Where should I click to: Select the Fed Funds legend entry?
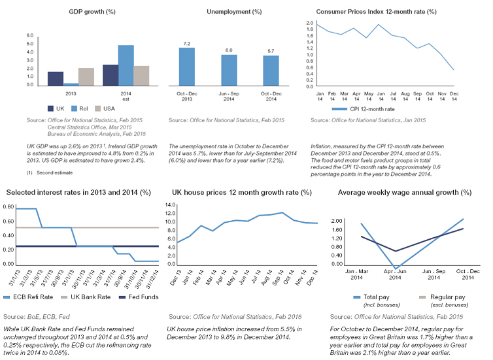coord(133,297)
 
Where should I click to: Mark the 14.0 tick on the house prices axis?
coord(169,205)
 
